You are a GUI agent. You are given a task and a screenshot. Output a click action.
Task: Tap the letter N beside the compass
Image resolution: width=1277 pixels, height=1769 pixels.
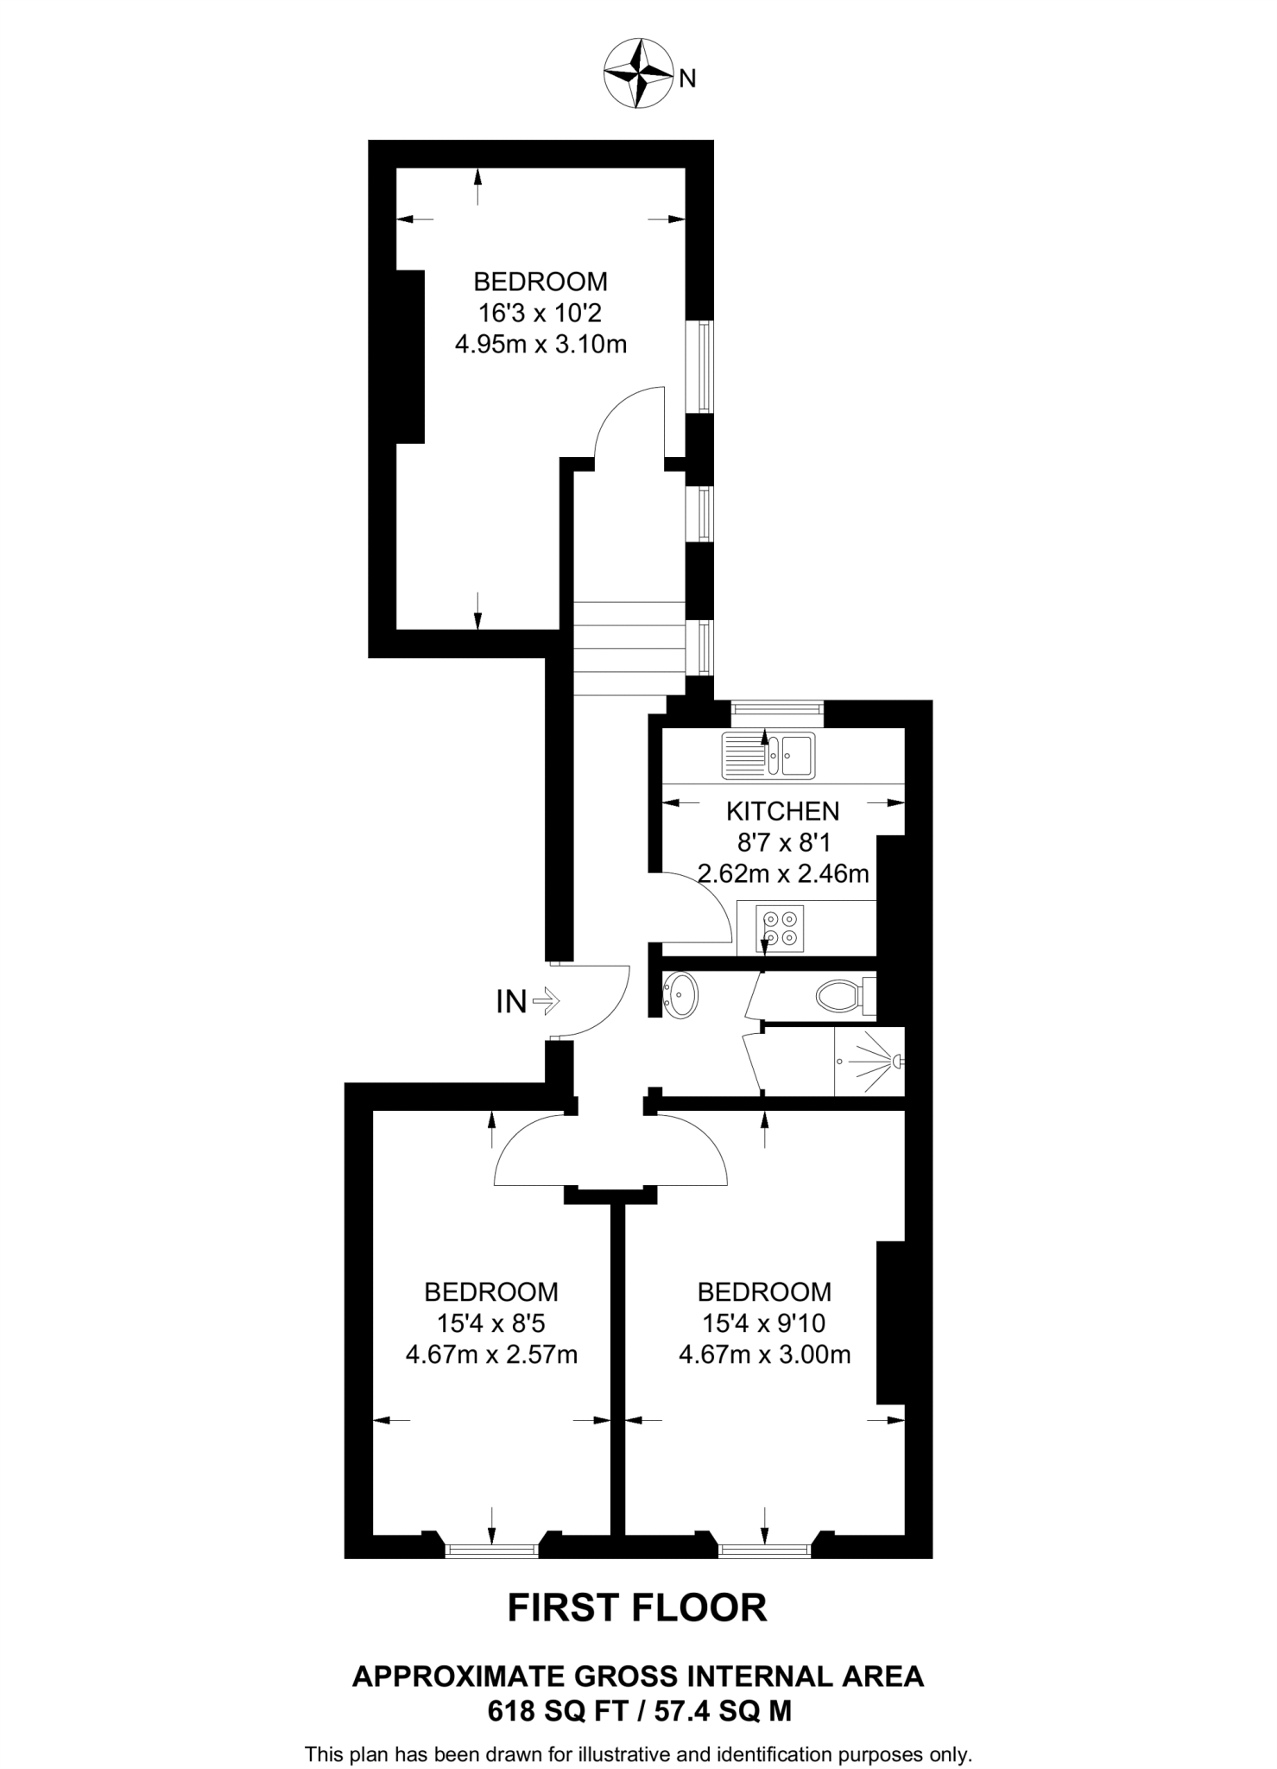pos(687,79)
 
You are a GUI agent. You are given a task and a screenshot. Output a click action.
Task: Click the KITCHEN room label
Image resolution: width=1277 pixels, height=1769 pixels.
pos(782,811)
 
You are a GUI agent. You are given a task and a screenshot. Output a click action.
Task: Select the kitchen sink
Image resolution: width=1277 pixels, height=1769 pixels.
pos(768,755)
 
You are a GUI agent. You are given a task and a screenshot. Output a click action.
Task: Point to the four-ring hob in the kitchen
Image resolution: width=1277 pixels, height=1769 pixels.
pos(780,928)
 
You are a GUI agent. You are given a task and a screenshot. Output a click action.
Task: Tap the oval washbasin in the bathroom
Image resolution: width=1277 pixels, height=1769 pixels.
pos(681,995)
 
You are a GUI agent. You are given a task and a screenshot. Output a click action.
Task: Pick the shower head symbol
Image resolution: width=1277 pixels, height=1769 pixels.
pos(898,1060)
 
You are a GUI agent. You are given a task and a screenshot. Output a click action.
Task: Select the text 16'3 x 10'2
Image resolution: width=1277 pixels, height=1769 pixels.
pos(540,313)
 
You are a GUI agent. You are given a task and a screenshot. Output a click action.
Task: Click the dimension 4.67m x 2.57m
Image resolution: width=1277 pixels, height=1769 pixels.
pos(491,1354)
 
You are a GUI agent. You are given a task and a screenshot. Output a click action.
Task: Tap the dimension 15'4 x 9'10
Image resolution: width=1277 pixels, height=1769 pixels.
pos(764,1322)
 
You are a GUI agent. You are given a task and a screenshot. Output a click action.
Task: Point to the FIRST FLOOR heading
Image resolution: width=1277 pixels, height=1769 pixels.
pos(637,1607)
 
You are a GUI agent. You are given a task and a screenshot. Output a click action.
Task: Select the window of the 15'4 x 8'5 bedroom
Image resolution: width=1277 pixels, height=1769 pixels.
pos(491,1550)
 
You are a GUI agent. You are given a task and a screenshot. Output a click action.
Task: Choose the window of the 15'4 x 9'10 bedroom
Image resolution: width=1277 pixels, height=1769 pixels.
pos(764,1550)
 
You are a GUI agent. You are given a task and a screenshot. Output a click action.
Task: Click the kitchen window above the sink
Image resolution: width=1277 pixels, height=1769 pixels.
pos(776,709)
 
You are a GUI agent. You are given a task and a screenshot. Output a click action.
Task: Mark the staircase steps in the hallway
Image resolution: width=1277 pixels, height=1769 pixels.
pos(629,648)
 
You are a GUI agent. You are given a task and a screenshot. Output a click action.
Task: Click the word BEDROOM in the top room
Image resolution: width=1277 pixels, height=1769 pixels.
pos(540,282)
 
